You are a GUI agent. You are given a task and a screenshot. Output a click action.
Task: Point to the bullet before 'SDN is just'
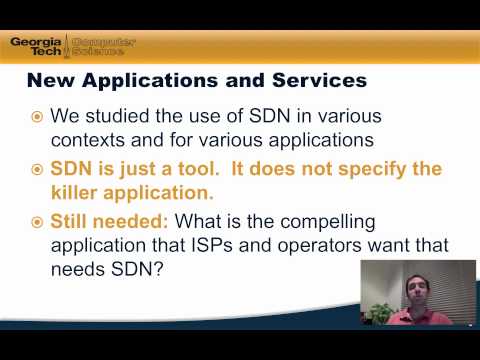37,169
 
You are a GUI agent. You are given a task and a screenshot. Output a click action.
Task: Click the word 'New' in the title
48,78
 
